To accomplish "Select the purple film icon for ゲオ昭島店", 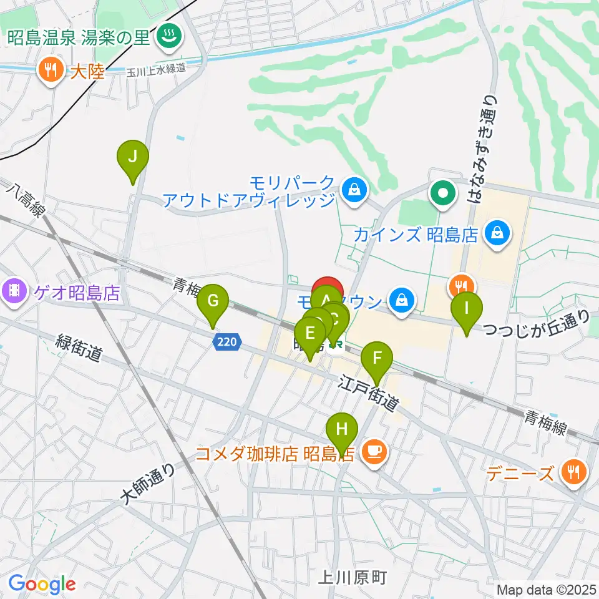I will [x=14, y=291].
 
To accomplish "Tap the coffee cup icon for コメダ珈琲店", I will [x=374, y=451].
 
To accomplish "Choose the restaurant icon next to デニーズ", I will [x=572, y=472].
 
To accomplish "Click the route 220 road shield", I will [x=227, y=341].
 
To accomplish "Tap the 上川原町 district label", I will [x=352, y=577].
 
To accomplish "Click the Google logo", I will [x=42, y=584].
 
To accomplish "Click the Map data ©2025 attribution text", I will [x=546, y=589].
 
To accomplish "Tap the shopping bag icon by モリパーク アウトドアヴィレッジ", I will [x=354, y=188].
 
